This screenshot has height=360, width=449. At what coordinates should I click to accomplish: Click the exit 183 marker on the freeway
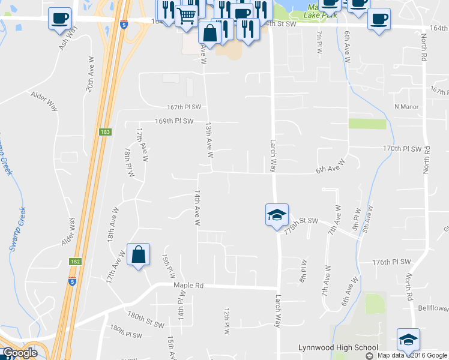[x=106, y=132]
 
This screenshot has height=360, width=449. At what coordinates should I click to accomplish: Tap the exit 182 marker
[x=74, y=262]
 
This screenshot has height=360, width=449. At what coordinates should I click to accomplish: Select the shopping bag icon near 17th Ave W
[x=138, y=254]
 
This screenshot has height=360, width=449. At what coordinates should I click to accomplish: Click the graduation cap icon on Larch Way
[x=277, y=214]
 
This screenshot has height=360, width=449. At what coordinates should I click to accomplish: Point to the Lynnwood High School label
[x=338, y=347]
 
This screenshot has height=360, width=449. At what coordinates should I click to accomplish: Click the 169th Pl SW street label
[x=173, y=121]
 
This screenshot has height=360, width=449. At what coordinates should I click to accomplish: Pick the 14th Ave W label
[x=196, y=208]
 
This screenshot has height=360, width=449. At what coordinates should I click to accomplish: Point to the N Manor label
[x=406, y=107]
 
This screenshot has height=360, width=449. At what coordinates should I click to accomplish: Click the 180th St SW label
[x=145, y=319]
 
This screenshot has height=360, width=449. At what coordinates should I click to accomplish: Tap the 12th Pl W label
[x=227, y=322]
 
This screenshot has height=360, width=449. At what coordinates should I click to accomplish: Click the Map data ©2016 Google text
[x=412, y=355]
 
